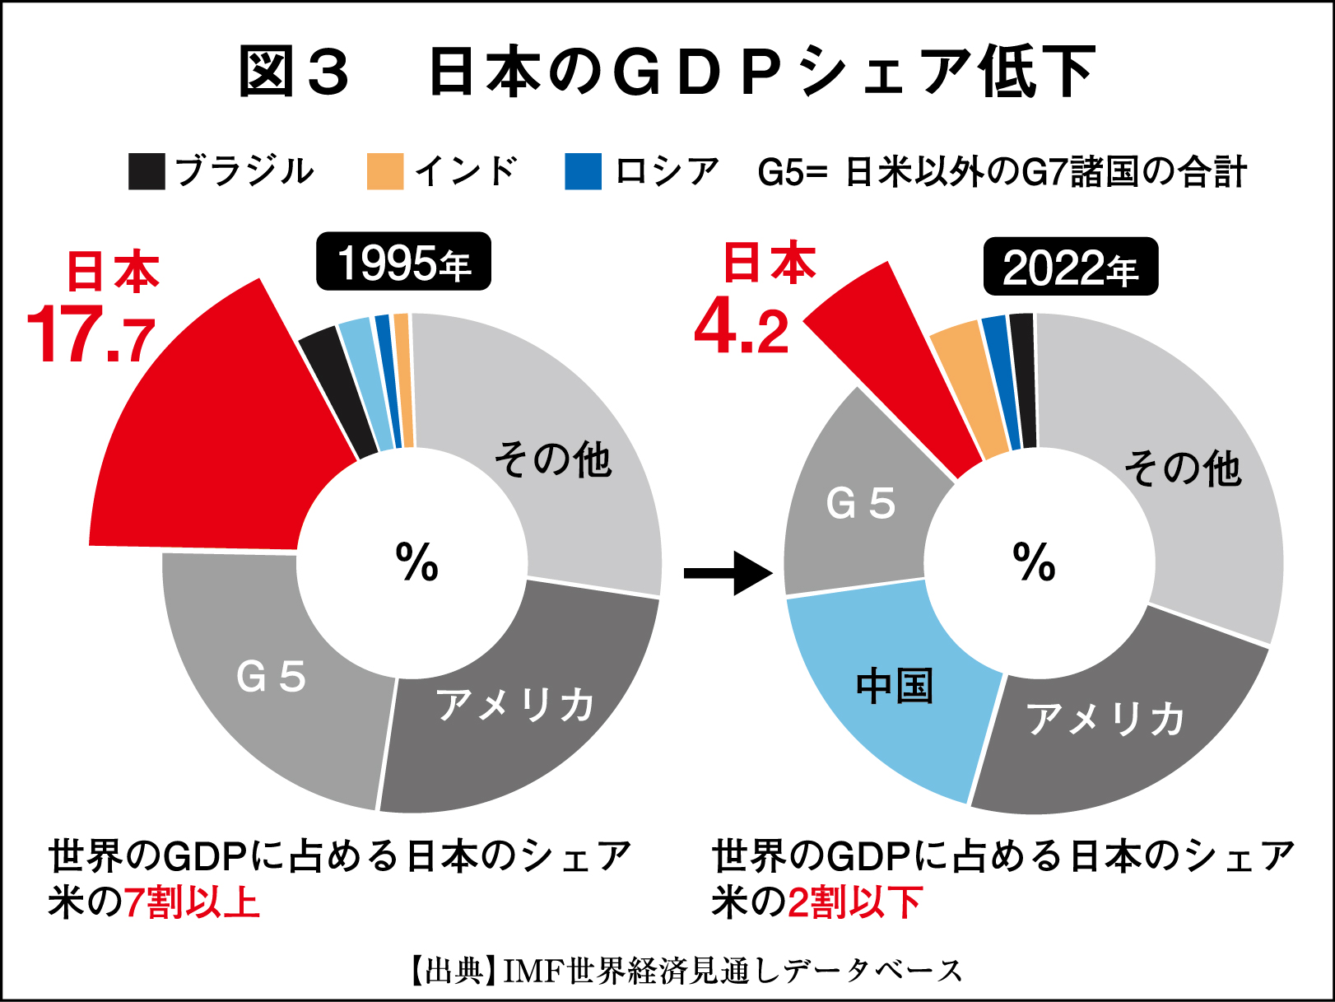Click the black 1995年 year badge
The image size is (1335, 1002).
[403, 262]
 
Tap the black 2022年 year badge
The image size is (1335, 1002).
[1070, 267]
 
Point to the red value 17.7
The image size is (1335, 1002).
[91, 336]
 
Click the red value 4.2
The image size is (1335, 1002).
[741, 329]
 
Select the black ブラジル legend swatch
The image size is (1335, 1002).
[147, 171]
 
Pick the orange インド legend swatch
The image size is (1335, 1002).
[385, 171]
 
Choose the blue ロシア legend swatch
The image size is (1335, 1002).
[583, 171]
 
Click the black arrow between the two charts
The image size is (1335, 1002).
[728, 572]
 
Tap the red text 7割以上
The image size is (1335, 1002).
[191, 902]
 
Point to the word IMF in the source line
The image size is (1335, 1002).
[533, 972]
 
